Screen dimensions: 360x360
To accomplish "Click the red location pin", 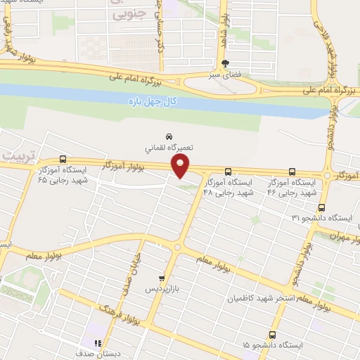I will tap(181, 165).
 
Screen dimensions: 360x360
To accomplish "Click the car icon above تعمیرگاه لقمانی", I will tap(169, 136).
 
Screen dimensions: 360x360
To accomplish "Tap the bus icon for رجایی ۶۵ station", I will tap(63, 159).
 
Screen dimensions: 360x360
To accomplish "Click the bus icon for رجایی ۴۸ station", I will tap(228, 172).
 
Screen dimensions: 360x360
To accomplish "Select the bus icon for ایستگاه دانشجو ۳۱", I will tap(322, 207).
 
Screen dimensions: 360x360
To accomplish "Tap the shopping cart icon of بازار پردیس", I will tap(162, 278).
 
